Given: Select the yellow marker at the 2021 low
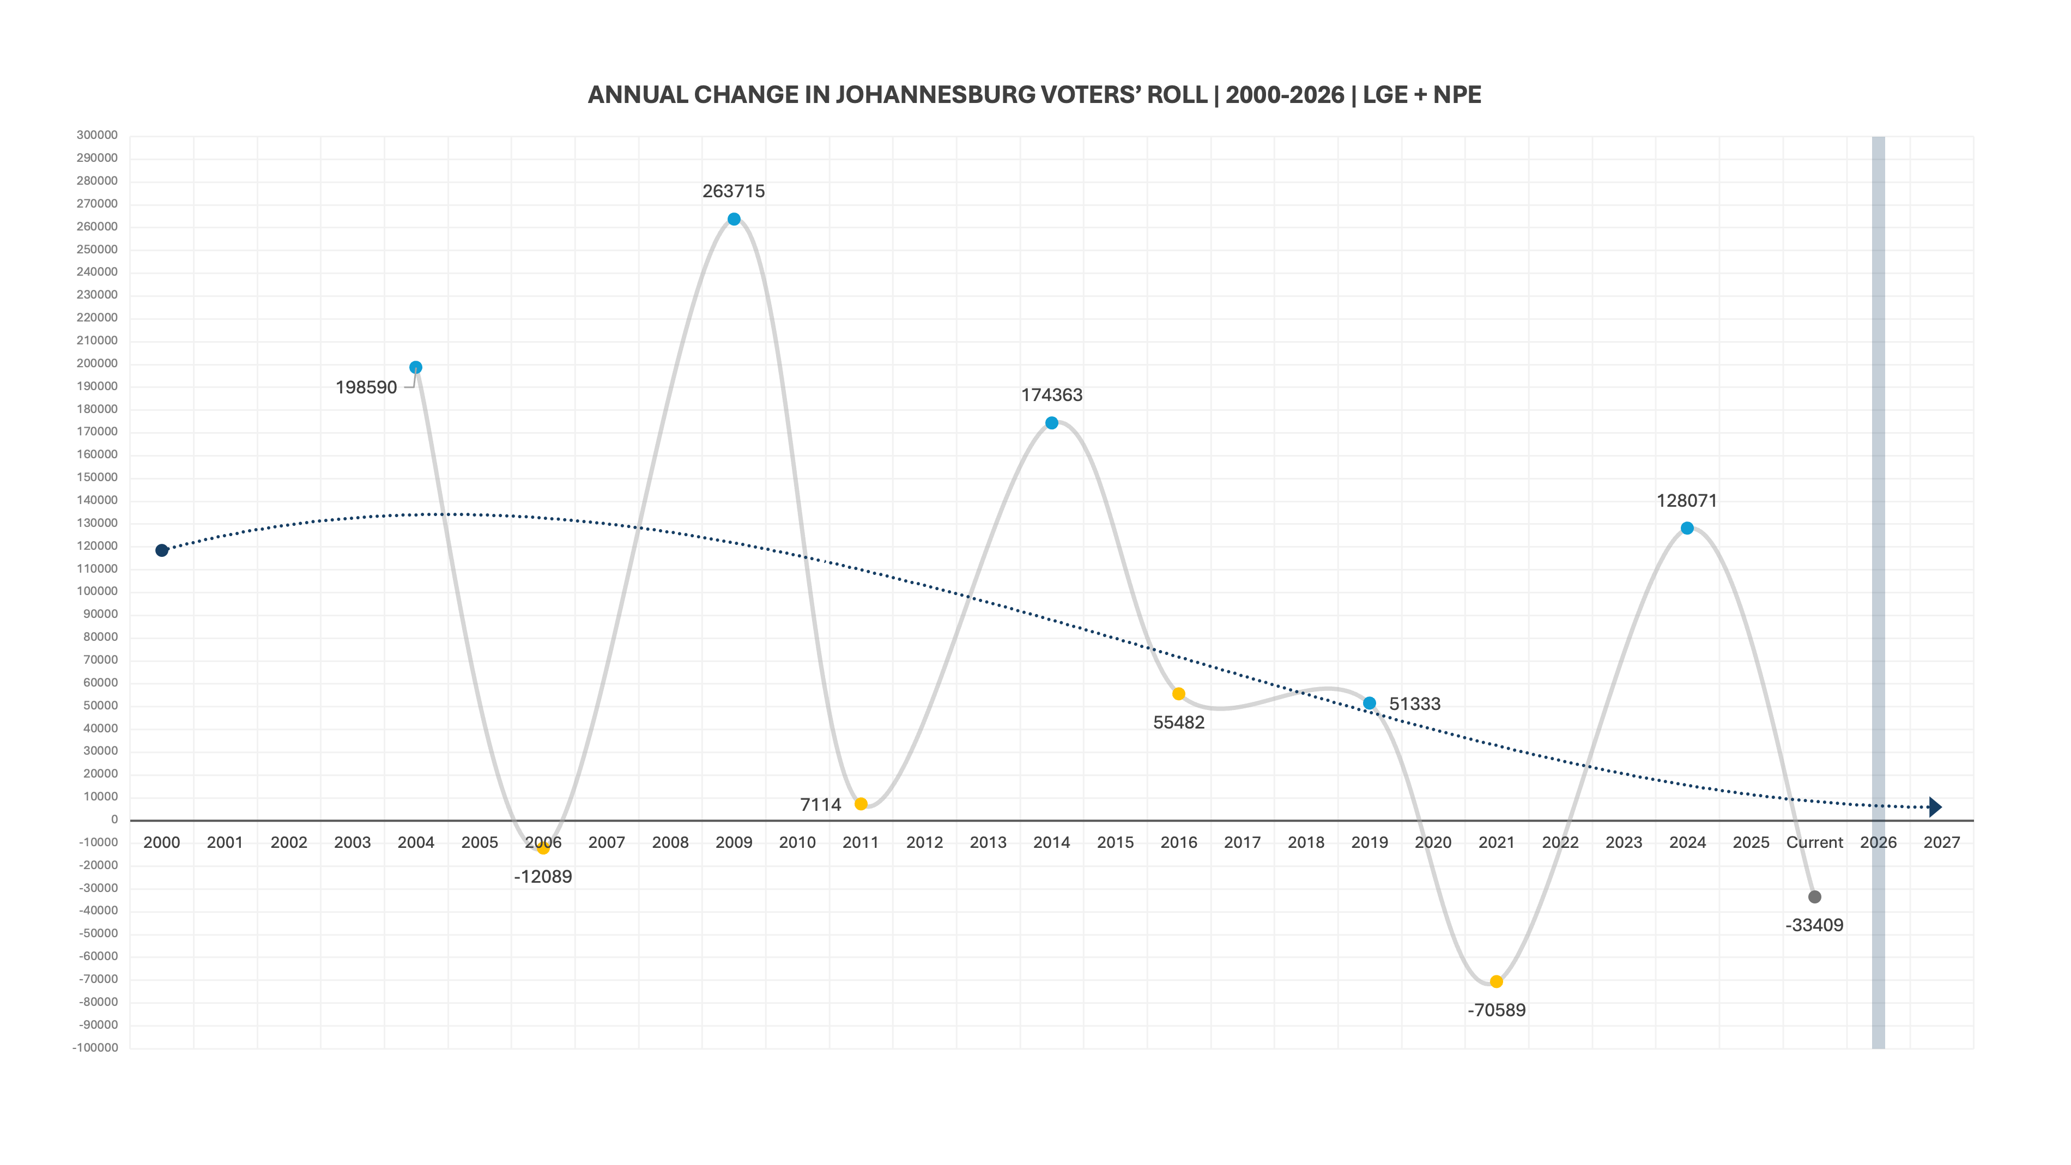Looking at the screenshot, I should coord(1496,982).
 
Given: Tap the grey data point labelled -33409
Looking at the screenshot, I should coord(1814,897).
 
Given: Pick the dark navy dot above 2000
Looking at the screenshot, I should coord(162,551).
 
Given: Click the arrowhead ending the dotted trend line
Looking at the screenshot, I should coord(1935,807).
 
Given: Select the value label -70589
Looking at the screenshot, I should coord(1496,1011).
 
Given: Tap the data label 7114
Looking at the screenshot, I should coord(820,805).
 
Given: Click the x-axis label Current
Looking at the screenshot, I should coord(1814,842).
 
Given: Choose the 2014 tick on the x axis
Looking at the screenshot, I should coord(1052,842).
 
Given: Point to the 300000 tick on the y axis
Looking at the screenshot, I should coord(97,135).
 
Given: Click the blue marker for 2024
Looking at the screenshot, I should coord(1687,528).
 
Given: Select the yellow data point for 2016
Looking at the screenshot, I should coord(1179,694).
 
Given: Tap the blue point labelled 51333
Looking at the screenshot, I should coord(1369,703).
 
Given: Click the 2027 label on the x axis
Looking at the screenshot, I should coord(1941,842).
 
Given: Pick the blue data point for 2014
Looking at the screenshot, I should coord(1052,423).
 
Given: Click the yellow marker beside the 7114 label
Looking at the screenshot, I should coord(861,804).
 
